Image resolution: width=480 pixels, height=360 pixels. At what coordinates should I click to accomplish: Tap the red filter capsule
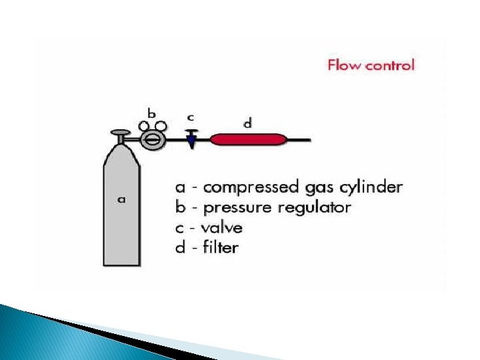(248, 139)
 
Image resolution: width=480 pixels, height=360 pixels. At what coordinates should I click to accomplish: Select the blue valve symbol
(192, 141)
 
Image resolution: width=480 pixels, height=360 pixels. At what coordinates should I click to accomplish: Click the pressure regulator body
(153, 140)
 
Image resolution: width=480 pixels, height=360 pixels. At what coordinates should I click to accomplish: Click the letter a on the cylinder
(121, 199)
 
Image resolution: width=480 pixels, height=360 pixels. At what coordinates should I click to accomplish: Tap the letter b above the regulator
(152, 113)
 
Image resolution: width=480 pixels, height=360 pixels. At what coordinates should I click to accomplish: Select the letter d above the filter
(247, 123)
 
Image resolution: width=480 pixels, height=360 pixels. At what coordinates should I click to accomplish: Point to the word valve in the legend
(223, 227)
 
